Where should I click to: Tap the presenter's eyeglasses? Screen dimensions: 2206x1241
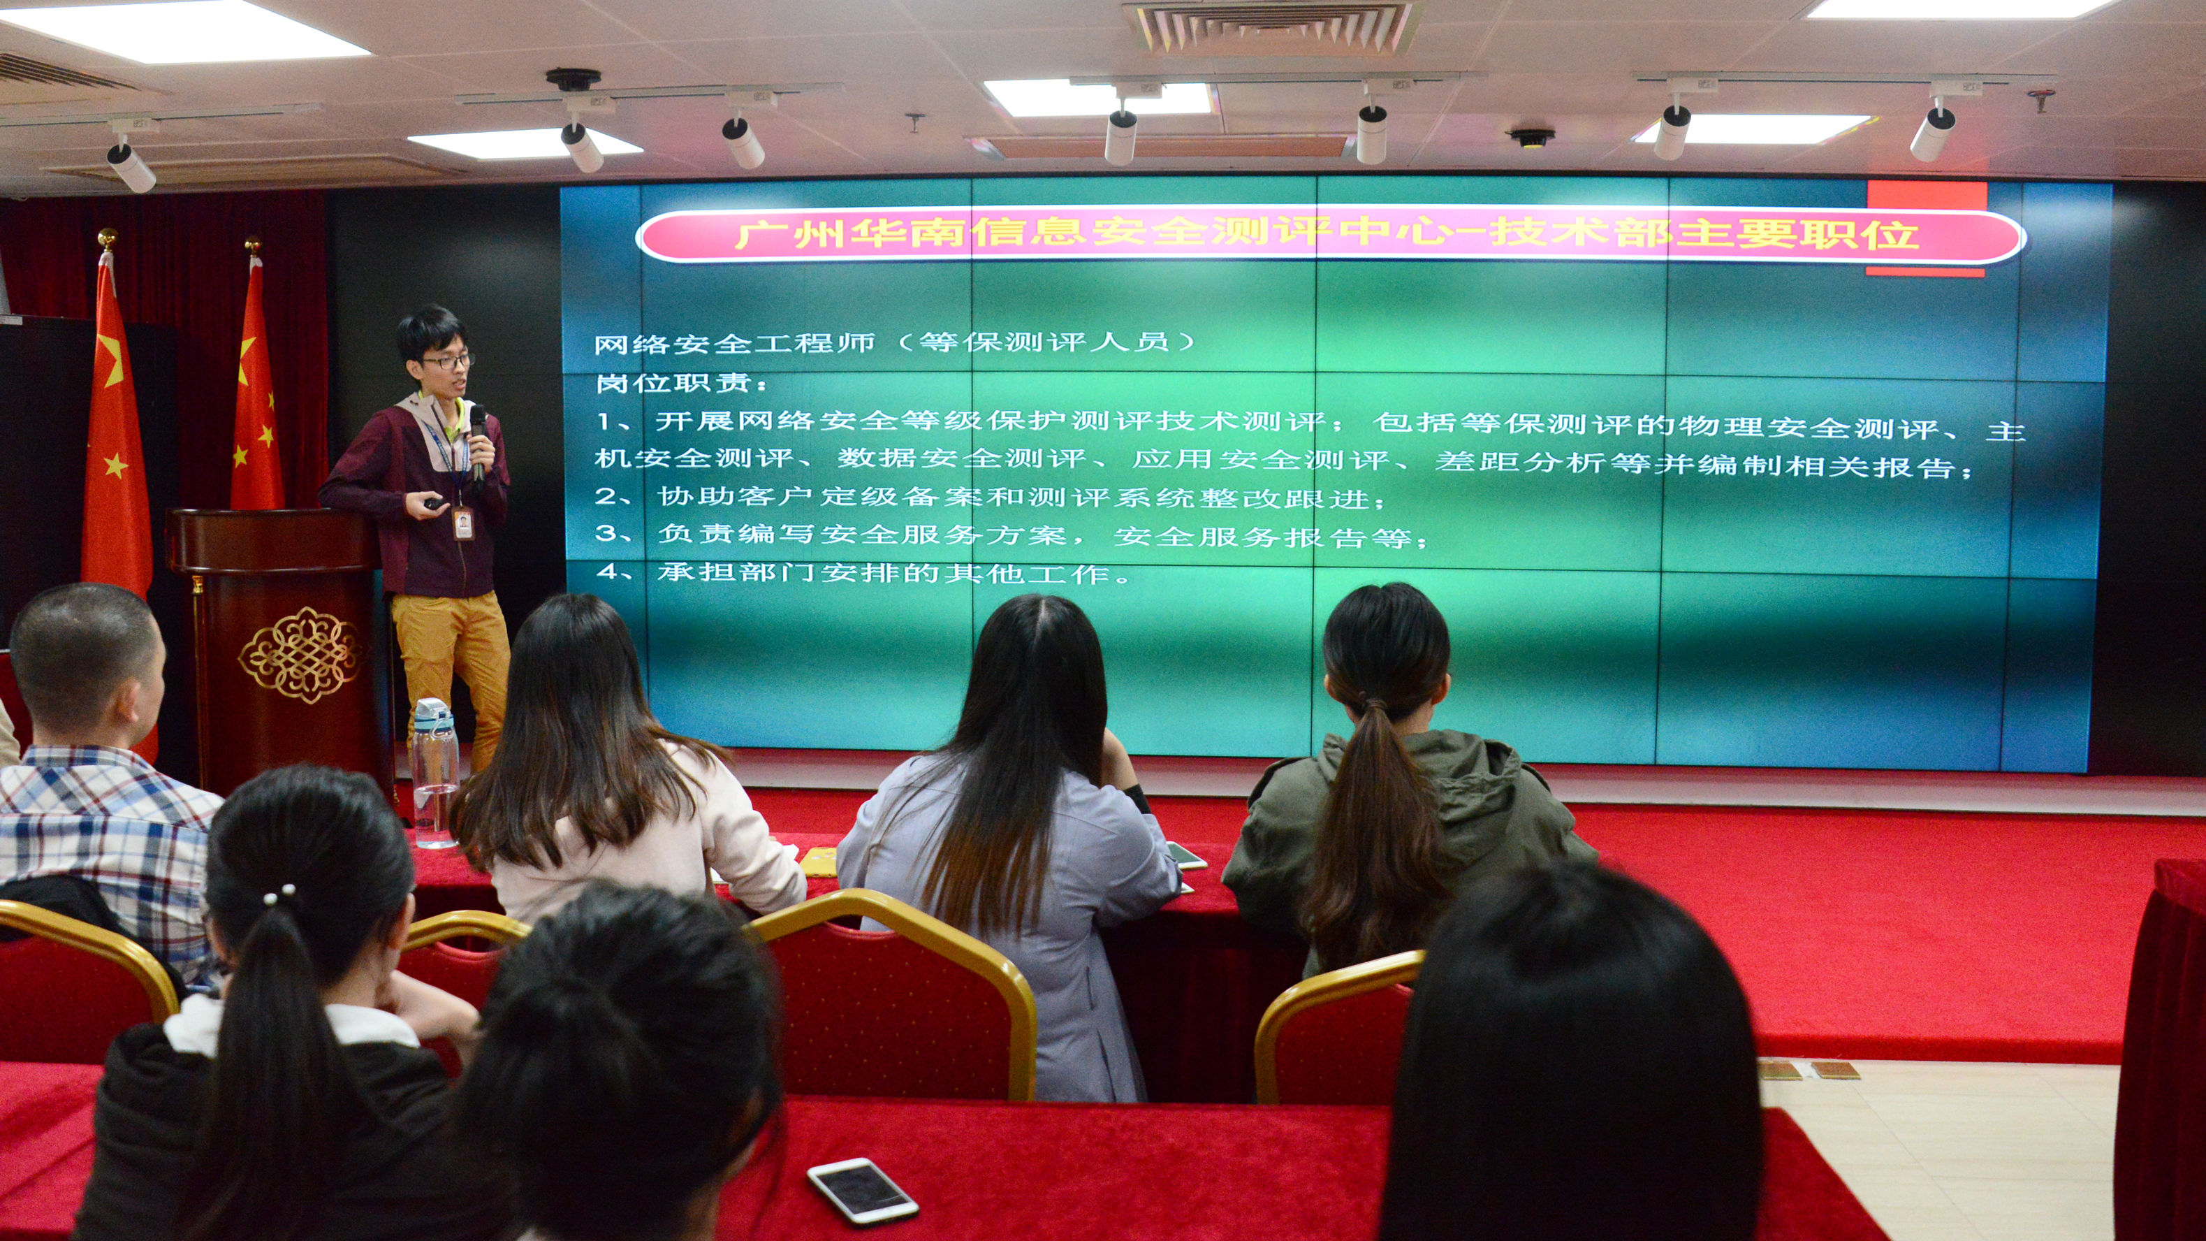coord(448,361)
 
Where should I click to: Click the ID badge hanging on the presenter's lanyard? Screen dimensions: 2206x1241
coord(463,523)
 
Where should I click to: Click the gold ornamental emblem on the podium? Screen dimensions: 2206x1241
coord(300,655)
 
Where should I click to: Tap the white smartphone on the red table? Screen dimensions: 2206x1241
coord(861,1191)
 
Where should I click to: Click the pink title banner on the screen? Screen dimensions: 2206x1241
coord(1330,235)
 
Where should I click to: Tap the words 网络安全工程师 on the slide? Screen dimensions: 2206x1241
coord(734,343)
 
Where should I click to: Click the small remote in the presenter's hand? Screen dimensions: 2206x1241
coord(436,505)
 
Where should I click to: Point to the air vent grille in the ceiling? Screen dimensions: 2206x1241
coord(1273,26)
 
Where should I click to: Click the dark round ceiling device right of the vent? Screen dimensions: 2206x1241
coord(1532,137)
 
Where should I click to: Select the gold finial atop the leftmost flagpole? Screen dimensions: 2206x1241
coord(107,239)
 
